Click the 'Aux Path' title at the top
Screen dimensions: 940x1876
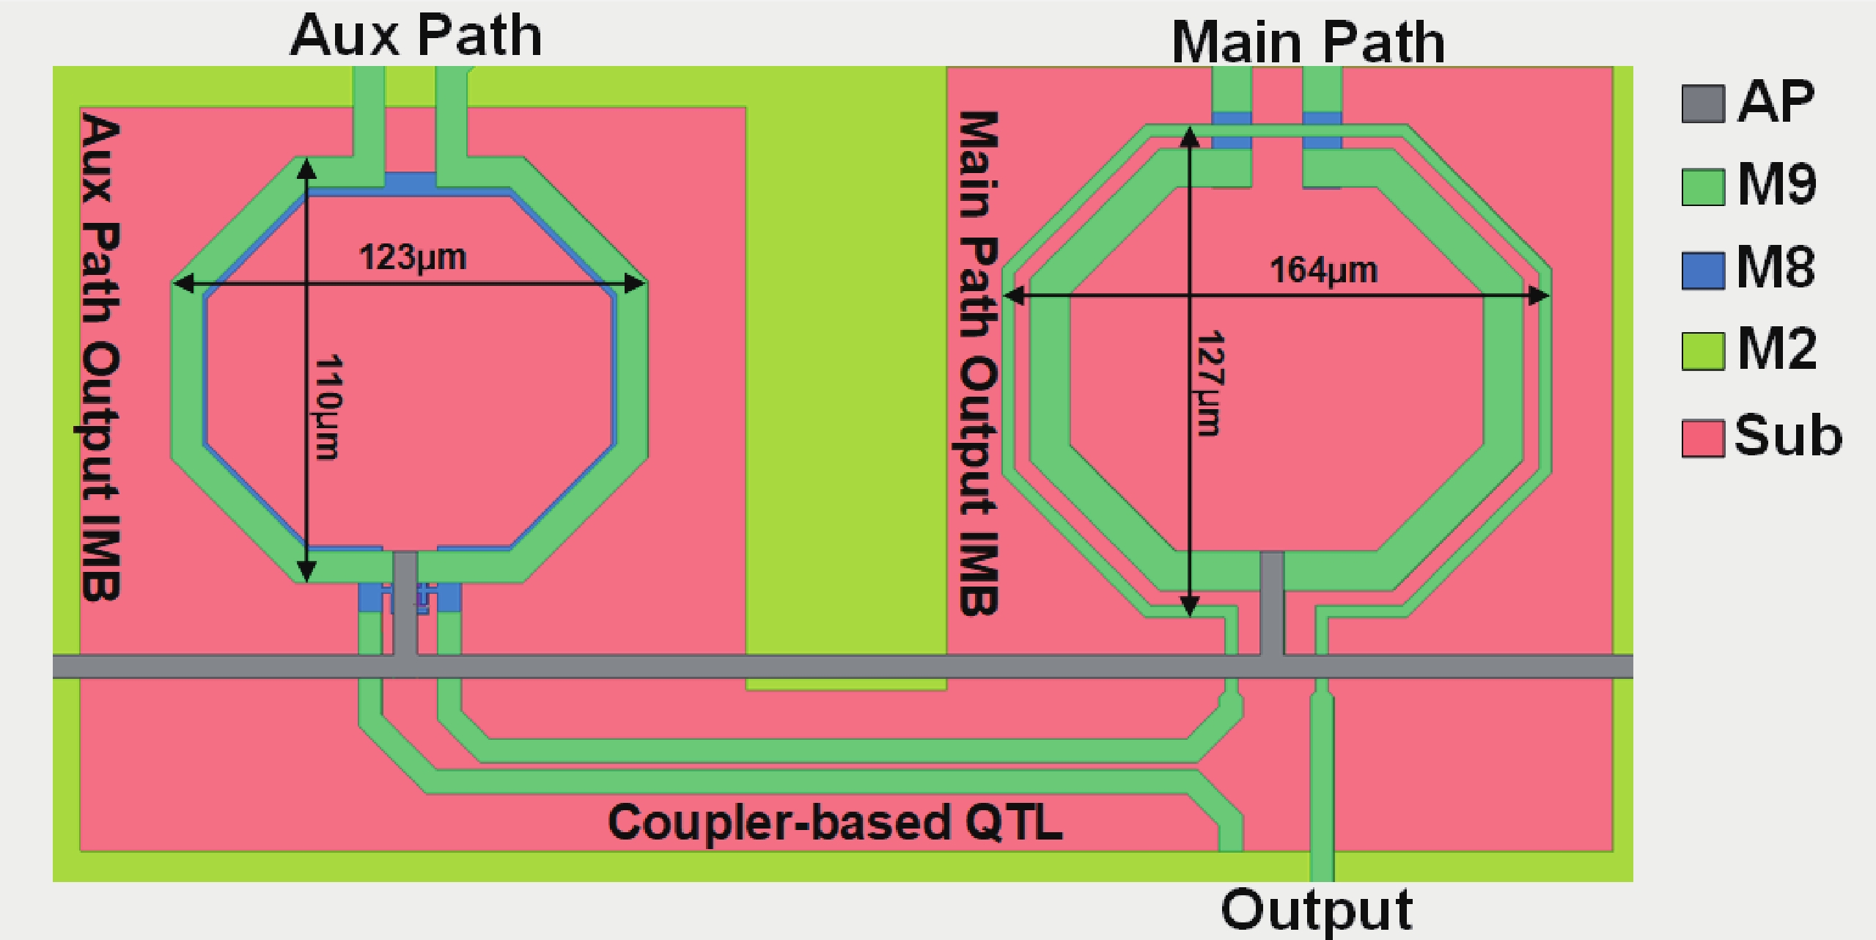pyautogui.click(x=416, y=35)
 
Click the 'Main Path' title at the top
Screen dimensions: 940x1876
pyautogui.click(x=1308, y=43)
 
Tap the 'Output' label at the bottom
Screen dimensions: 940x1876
pyautogui.click(x=1317, y=909)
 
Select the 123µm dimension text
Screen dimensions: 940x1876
pyautogui.click(x=412, y=257)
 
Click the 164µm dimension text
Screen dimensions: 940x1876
pyautogui.click(x=1323, y=271)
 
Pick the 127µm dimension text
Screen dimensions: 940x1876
pyautogui.click(x=1210, y=383)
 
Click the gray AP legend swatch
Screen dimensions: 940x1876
pyautogui.click(x=1702, y=104)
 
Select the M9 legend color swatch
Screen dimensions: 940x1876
pyautogui.click(x=1702, y=187)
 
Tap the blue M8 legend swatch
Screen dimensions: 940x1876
pyautogui.click(x=1702, y=270)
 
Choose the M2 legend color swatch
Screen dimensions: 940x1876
pyautogui.click(x=1702, y=352)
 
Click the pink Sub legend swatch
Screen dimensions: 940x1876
pyautogui.click(x=1702, y=438)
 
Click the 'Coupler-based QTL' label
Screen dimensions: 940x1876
pyautogui.click(x=835, y=823)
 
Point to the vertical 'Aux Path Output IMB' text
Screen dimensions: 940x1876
pyautogui.click(x=100, y=356)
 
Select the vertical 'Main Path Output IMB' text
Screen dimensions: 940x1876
pyautogui.click(x=979, y=362)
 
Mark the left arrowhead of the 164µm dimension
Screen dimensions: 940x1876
pyautogui.click(x=1013, y=296)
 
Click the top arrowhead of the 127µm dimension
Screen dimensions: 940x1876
pyautogui.click(x=1190, y=136)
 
